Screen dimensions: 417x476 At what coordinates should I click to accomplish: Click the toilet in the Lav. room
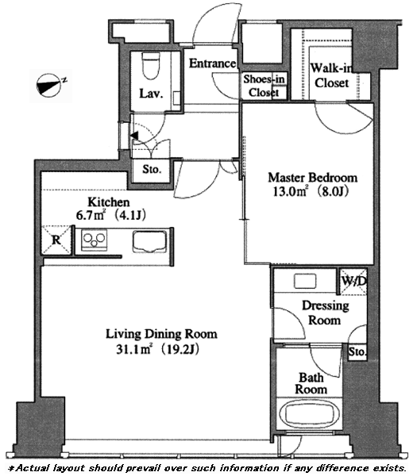[x=151, y=67]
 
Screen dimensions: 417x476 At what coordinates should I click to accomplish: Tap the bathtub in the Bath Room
[x=310, y=414]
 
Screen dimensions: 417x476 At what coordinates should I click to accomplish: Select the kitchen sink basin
[x=149, y=242]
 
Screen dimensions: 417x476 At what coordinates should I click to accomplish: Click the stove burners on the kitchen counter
[x=95, y=240]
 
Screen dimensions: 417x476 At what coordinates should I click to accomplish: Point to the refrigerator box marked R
[x=56, y=240]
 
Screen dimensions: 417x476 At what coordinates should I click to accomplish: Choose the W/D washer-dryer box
[x=353, y=282]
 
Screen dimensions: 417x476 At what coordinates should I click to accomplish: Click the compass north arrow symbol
[x=49, y=86]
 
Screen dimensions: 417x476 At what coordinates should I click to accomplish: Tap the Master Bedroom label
[x=312, y=178]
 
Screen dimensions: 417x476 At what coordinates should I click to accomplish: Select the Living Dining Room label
[x=161, y=334]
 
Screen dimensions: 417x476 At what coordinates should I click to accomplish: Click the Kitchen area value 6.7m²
[x=91, y=215]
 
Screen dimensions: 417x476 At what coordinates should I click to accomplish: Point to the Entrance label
[x=212, y=63]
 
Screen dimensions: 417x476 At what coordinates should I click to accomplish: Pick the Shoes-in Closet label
[x=264, y=86]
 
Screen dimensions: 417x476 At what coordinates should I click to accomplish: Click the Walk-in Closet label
[x=331, y=75]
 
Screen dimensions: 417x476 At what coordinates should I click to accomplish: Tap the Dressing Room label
[x=325, y=313]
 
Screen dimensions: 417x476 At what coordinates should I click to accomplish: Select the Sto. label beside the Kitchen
[x=152, y=170]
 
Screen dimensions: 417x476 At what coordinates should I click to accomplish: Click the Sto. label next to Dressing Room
[x=357, y=352]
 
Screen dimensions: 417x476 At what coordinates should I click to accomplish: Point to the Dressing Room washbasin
[x=305, y=281]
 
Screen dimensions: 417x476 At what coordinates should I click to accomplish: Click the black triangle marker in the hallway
[x=134, y=136]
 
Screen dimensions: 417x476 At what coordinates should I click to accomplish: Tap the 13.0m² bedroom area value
[x=291, y=191]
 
